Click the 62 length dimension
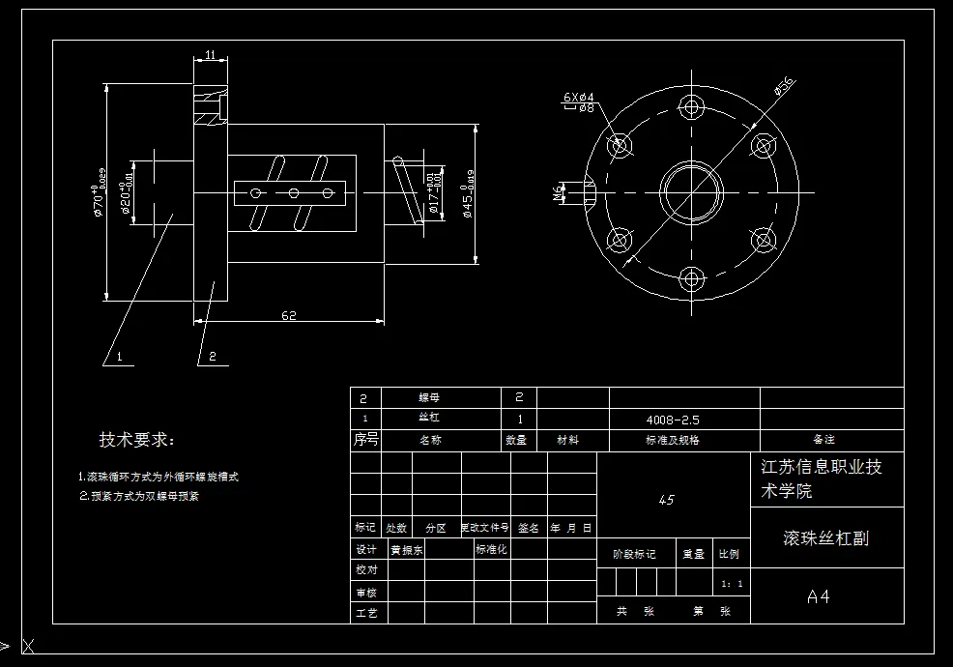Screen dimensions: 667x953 point(288,315)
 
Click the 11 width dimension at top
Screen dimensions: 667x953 point(210,56)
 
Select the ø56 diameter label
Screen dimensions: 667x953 point(783,86)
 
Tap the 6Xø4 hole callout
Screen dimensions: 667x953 point(578,97)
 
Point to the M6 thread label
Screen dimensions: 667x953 point(558,193)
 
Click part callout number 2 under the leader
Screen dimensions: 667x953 point(212,357)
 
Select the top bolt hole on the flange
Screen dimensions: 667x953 point(691,105)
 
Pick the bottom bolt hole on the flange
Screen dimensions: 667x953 point(691,280)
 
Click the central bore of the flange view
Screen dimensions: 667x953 point(691,192)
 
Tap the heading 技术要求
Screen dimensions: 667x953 point(137,441)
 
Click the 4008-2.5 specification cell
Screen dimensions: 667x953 point(673,420)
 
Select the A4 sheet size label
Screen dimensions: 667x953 point(818,596)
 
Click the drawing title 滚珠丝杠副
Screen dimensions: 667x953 point(825,537)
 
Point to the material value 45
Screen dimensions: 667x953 point(666,500)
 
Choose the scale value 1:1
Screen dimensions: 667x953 point(733,584)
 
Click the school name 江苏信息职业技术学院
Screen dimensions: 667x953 point(821,478)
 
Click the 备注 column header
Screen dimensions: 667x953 point(823,440)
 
